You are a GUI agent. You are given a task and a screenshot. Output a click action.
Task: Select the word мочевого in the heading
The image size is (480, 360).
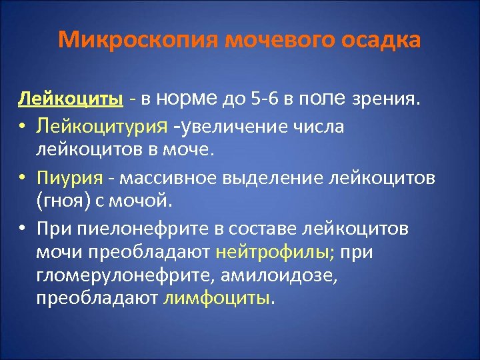tap(279, 40)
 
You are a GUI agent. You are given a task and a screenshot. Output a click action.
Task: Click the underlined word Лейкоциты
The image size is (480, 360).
tap(70, 100)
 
